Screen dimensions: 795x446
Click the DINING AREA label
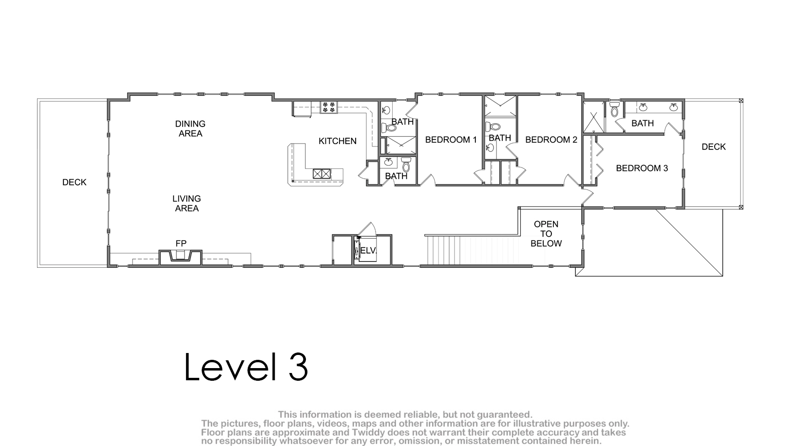coord(190,129)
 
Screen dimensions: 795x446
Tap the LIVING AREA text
coord(187,204)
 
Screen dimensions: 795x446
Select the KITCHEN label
coord(338,141)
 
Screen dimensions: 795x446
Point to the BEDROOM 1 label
coord(451,140)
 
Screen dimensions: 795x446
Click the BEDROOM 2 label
coord(551,140)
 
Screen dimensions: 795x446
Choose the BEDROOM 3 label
coord(642,168)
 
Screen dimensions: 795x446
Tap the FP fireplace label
coord(181,243)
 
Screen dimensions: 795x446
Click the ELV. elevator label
coord(368,250)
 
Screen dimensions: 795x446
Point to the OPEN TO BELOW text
coord(546,234)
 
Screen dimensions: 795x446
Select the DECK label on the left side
coord(75,183)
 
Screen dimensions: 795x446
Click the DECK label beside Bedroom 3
coord(714,147)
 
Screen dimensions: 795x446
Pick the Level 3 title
coord(246,367)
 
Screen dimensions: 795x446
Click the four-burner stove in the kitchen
coord(329,107)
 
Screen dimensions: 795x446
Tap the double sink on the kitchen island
coord(322,173)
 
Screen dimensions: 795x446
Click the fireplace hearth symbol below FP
coord(181,256)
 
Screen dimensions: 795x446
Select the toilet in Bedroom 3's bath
coord(614,109)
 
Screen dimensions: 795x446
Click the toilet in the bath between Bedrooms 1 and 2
coord(493,126)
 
